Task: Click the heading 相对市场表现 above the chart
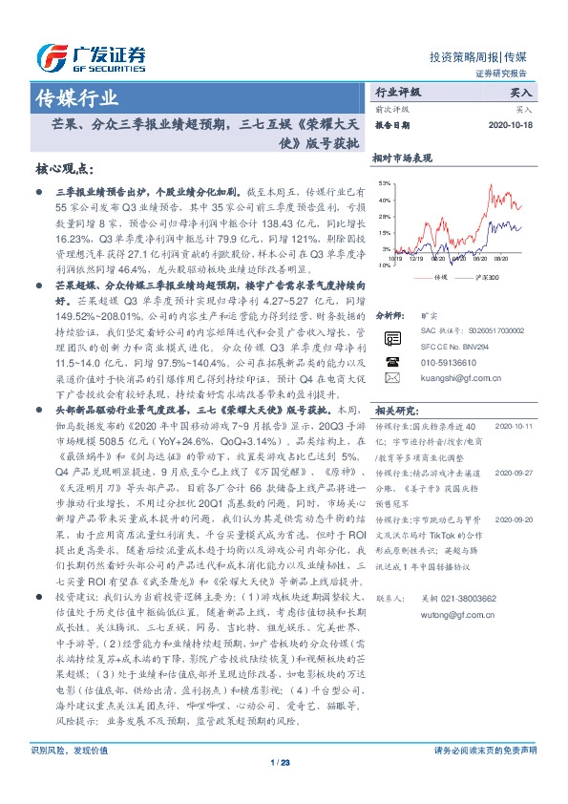(x=403, y=159)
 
